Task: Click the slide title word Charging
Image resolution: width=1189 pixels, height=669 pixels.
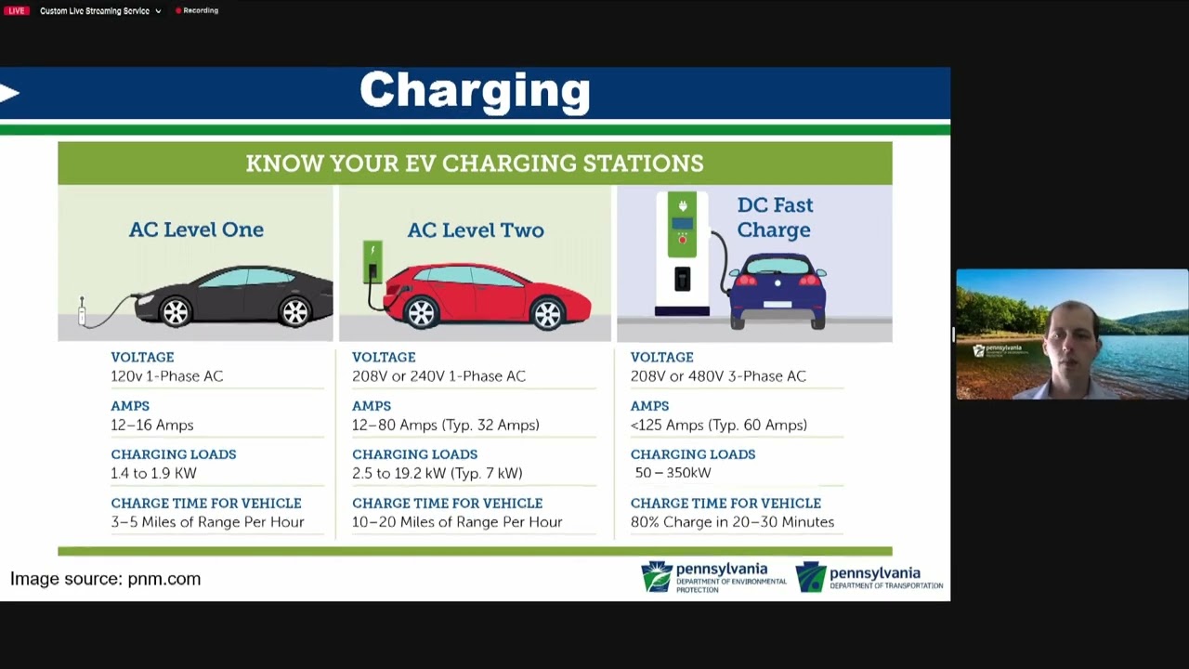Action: click(475, 91)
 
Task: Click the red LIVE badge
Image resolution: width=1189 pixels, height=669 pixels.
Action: click(16, 11)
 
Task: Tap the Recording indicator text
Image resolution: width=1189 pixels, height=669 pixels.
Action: click(200, 11)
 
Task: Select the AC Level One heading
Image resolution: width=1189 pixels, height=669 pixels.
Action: click(196, 230)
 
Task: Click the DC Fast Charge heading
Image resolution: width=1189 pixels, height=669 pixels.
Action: click(774, 217)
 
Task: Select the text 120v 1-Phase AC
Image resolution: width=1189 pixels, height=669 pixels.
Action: click(166, 376)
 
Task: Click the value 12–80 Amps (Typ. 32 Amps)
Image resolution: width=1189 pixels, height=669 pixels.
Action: click(445, 425)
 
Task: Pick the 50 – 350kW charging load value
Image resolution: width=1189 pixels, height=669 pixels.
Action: click(673, 473)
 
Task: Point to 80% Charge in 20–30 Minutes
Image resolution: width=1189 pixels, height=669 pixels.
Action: click(732, 522)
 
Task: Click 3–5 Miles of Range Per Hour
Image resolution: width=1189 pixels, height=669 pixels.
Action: click(207, 522)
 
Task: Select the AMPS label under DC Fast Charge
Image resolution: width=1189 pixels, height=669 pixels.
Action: click(649, 406)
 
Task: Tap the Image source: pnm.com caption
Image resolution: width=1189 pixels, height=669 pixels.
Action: click(105, 579)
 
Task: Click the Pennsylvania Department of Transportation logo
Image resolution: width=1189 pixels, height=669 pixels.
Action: click(869, 577)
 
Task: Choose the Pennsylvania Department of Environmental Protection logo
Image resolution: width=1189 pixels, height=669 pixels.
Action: click(712, 577)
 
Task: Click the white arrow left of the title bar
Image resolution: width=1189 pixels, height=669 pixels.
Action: click(10, 92)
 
